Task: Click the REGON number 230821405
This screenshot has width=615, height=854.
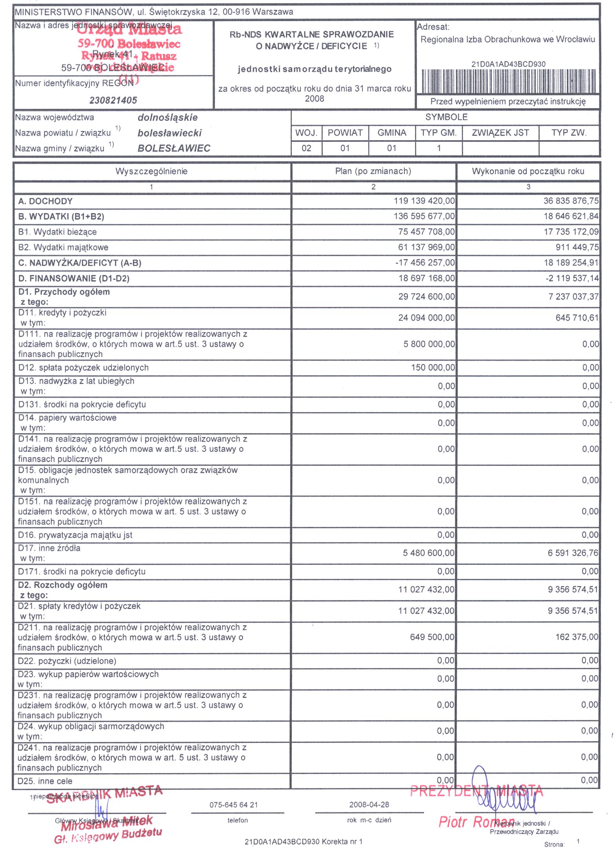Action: [x=113, y=100]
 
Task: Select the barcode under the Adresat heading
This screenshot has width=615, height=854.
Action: [x=508, y=80]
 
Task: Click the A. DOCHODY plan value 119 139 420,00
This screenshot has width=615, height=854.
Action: [x=424, y=201]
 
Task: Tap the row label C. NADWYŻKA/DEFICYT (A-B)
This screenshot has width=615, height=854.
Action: [x=80, y=263]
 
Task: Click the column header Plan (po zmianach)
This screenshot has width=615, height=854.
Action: [x=373, y=171]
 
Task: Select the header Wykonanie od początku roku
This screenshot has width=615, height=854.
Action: [x=528, y=171]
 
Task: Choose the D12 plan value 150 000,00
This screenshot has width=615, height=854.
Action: [x=433, y=368]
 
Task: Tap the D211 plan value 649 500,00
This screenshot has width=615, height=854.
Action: [x=432, y=637]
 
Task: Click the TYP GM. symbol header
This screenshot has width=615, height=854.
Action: [x=439, y=133]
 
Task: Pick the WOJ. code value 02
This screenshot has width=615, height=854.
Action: [x=306, y=148]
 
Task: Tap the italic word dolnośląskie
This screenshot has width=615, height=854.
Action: [x=167, y=117]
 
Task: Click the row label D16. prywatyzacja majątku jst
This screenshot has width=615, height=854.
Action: [x=75, y=535]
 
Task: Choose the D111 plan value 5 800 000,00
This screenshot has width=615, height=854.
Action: [x=429, y=344]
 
